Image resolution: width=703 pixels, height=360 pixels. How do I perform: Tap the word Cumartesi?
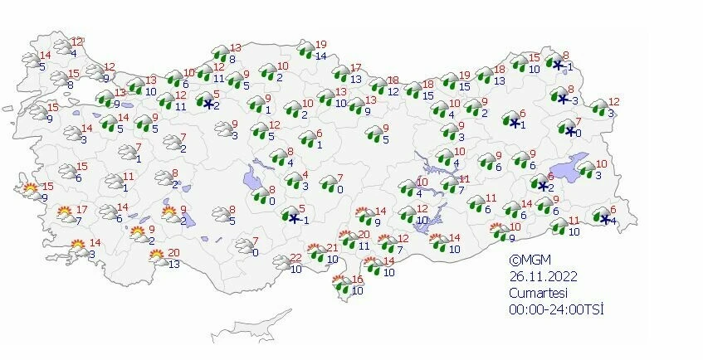[x=539, y=292]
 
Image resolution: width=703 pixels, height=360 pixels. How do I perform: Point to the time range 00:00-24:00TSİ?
[x=556, y=309]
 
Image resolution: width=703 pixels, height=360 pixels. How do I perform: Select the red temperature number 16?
[x=358, y=279]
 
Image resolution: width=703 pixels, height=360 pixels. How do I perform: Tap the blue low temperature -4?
[x=611, y=221]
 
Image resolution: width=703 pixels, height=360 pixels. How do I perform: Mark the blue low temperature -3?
[x=574, y=101]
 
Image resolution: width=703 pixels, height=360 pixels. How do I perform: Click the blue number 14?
[x=321, y=56]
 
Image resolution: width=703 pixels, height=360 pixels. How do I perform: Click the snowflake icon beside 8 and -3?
[x=563, y=99]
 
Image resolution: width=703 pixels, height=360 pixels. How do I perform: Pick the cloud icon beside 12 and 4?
[x=63, y=48]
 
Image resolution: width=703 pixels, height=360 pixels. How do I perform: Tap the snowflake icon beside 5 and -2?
[x=208, y=104]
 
